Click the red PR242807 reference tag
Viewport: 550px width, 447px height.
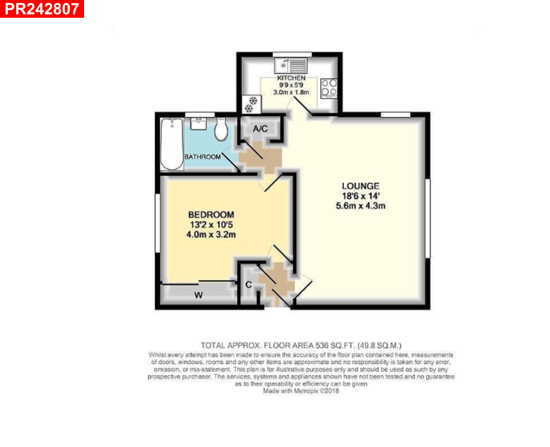(x=41, y=9)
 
